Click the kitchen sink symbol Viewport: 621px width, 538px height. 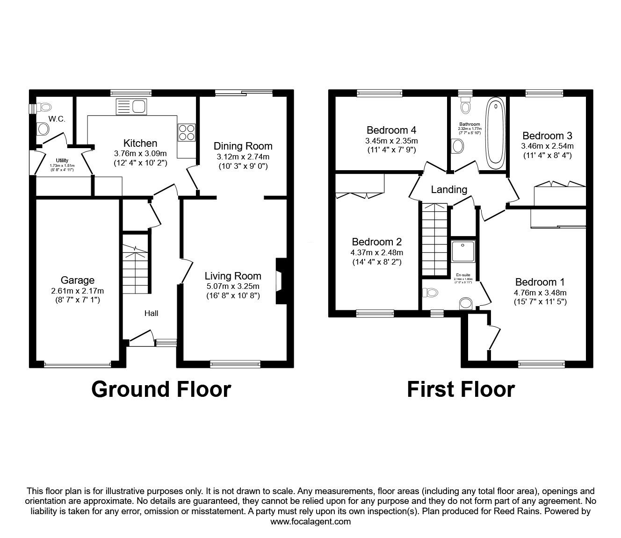pos(131,107)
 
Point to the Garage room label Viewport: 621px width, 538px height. pos(78,280)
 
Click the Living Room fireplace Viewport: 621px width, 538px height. pos(281,281)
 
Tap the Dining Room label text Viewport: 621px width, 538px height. pos(243,146)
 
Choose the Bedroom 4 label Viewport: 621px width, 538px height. pos(391,130)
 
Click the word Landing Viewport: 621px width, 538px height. pos(449,189)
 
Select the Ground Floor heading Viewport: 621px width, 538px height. pos(161,389)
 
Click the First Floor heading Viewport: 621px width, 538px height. pos(461,389)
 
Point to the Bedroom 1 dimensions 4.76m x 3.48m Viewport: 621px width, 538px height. pos(540,293)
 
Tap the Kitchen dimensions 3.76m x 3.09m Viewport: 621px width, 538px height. pos(140,153)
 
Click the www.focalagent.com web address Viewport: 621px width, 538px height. pos(310,522)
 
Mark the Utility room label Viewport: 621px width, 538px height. pos(62,160)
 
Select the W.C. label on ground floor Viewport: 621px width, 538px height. pos(57,119)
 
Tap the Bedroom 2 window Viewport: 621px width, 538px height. pos(375,313)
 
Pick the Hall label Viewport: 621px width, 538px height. pos(151,313)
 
